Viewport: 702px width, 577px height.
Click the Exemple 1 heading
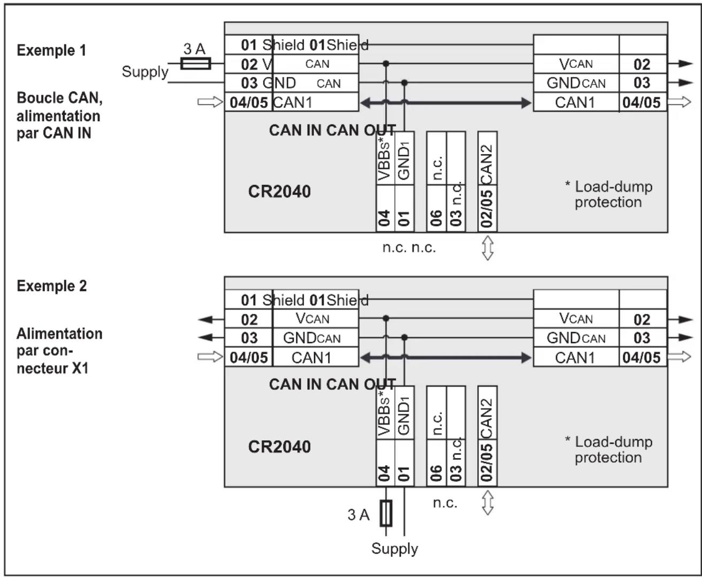point(51,50)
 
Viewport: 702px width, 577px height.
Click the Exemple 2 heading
point(51,286)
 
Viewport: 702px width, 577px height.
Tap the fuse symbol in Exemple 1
point(195,64)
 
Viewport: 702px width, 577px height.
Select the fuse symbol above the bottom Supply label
point(386,513)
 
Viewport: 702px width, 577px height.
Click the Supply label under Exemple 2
point(394,549)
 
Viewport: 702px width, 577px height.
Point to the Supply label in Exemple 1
point(144,72)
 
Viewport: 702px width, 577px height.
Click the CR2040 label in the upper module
point(279,191)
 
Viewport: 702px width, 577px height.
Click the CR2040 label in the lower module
point(279,447)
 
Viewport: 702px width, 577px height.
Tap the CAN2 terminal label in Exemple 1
point(487,158)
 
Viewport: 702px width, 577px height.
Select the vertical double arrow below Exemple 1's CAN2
point(487,248)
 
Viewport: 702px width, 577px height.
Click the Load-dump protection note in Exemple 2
point(608,449)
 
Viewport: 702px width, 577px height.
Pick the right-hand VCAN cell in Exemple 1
point(576,64)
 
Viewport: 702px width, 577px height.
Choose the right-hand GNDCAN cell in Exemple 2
point(576,338)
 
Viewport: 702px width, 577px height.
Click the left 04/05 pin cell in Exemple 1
point(248,102)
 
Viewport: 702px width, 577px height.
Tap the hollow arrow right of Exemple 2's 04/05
point(680,357)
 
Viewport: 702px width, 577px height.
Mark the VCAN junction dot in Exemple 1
point(386,64)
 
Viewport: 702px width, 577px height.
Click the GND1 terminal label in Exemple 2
point(404,416)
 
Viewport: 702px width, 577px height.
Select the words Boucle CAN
point(59,98)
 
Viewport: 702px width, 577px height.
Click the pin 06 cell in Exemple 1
point(436,218)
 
